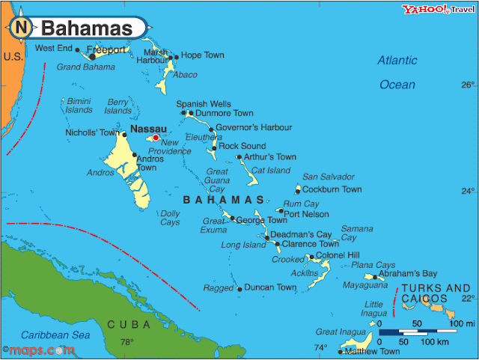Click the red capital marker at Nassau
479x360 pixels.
156,138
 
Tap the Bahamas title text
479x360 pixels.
86,28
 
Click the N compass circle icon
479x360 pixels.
21,28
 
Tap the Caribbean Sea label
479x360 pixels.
55,335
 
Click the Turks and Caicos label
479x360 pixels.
436,293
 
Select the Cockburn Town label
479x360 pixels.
332,189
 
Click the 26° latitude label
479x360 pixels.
468,85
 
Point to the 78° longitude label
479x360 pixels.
127,343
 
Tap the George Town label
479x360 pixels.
261,220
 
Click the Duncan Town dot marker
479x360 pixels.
239,288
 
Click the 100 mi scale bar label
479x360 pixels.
463,323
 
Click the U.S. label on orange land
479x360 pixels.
12,57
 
